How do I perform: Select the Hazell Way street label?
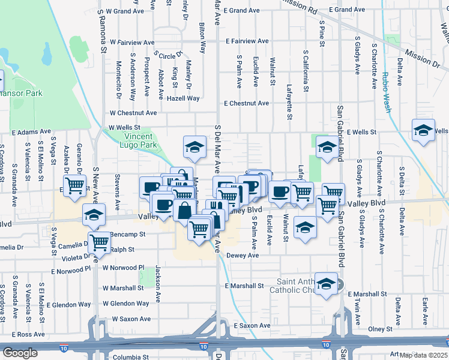[183, 98]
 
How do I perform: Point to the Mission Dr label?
[421, 57]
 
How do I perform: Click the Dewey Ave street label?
[243, 255]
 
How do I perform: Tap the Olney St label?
[380, 329]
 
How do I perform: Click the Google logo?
[20, 353]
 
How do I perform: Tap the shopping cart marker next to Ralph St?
[99, 242]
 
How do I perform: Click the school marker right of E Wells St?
[423, 130]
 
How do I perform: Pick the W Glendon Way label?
[126, 304]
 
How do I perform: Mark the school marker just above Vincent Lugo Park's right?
[194, 146]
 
